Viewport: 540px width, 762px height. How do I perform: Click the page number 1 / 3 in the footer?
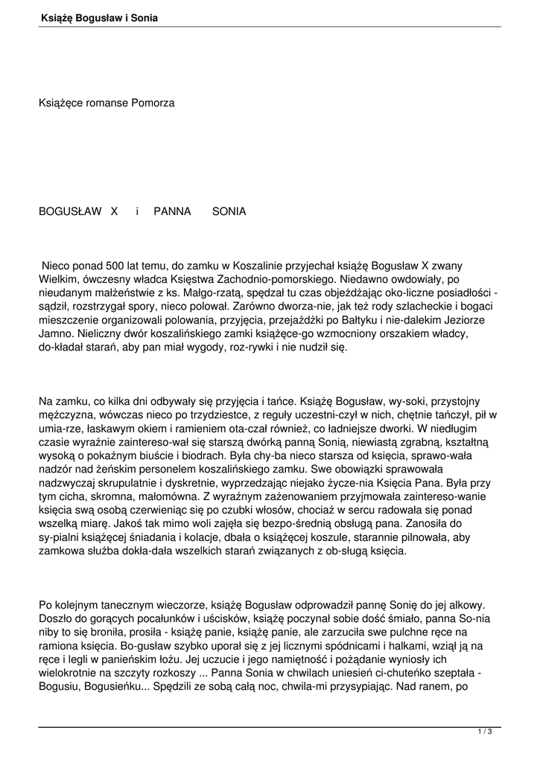pos(485,732)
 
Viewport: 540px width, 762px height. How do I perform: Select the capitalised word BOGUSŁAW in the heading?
pos(70,211)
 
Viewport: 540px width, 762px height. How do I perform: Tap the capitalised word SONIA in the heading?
pos(229,211)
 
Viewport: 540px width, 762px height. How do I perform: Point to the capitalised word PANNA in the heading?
pos(173,211)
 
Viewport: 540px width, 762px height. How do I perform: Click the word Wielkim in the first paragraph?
pos(58,278)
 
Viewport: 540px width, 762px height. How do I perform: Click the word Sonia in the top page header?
pos(144,17)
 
